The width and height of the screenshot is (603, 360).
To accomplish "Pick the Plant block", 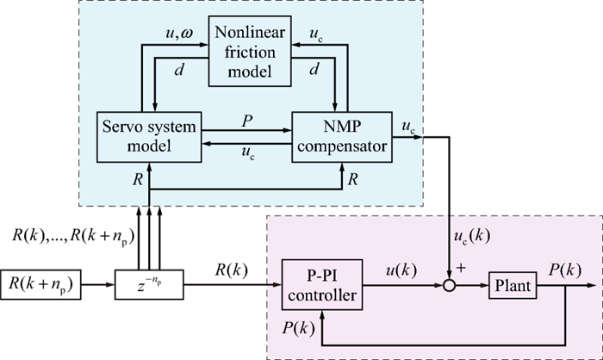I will pyautogui.click(x=512, y=284).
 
